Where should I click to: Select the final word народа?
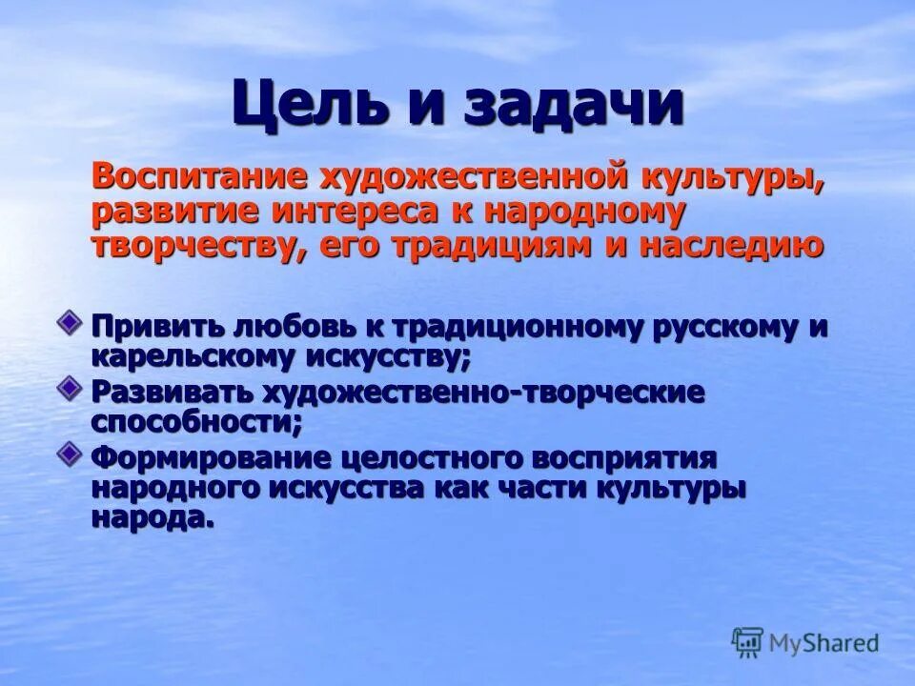click(150, 518)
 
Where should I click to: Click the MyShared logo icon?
click(748, 642)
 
